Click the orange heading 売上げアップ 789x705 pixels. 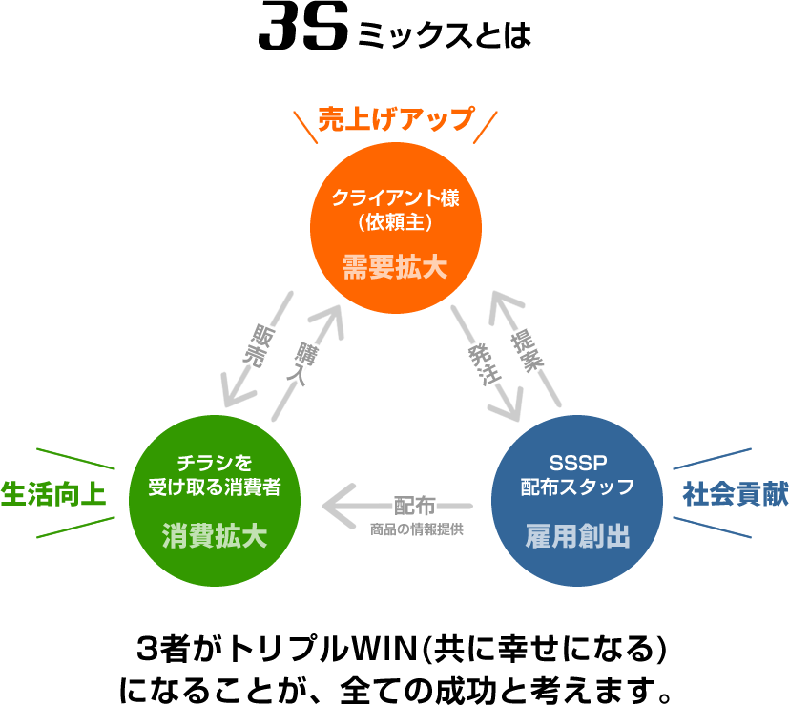pos(395,120)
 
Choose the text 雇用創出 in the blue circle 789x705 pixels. pos(577,535)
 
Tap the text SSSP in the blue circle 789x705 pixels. pos(577,465)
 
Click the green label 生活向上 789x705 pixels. pos(52,494)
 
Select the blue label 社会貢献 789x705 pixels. pos(735,495)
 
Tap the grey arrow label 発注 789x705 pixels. pos(483,363)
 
